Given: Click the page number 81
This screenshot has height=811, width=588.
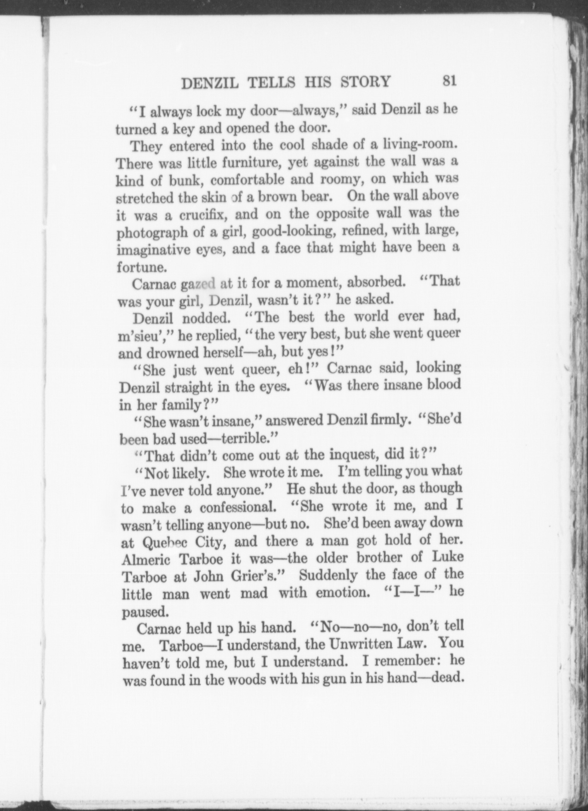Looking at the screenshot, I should click(449, 81).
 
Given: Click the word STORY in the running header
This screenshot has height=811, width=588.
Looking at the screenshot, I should click(366, 82).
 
